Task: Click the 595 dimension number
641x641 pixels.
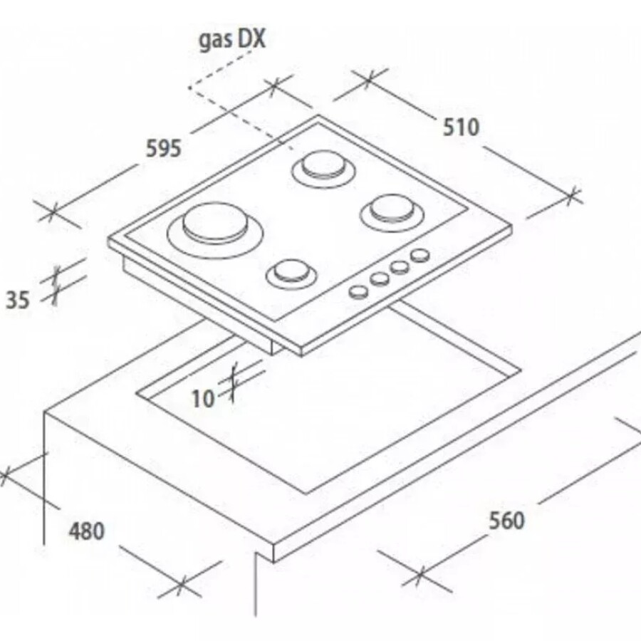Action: click(164, 148)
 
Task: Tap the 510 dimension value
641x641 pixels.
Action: click(461, 127)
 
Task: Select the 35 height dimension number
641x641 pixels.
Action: click(18, 300)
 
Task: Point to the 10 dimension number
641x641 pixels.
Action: click(203, 399)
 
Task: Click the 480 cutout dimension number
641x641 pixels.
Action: click(87, 531)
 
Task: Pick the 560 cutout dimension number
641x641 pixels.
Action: click(506, 521)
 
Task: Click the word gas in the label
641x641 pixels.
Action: click(213, 41)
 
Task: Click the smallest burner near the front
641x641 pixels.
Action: click(291, 274)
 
